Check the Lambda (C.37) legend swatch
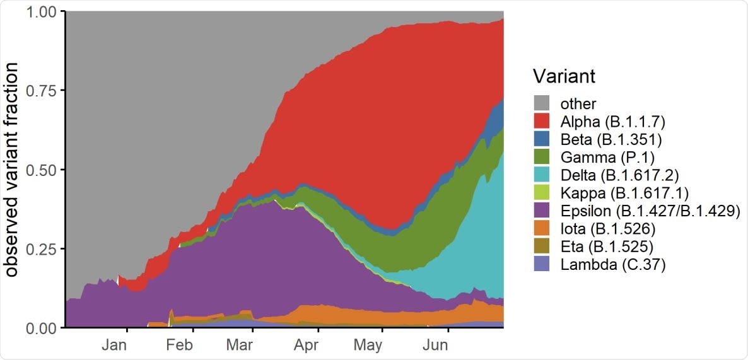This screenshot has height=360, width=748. click(541, 264)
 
